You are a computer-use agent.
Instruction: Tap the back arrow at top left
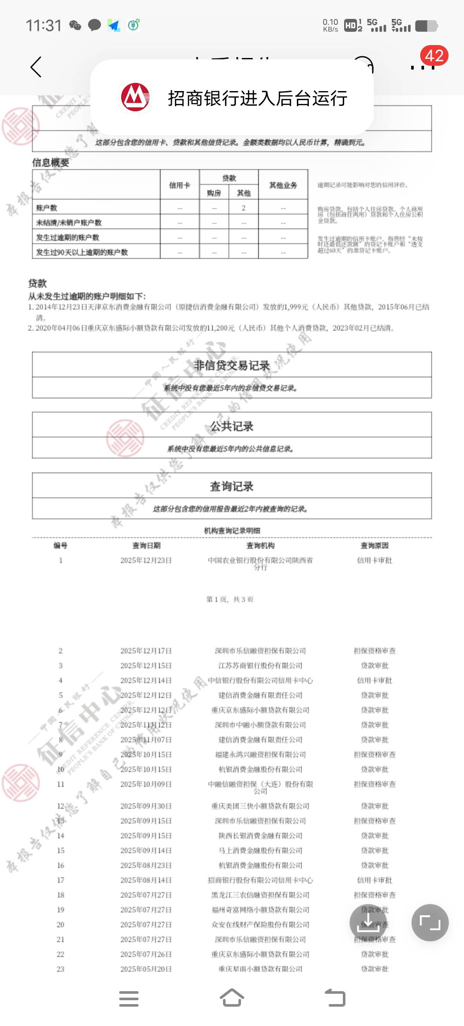click(36, 67)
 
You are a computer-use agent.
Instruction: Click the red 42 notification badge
click(434, 56)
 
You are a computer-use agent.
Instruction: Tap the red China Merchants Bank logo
click(135, 98)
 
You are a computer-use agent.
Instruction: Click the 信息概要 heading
click(51, 163)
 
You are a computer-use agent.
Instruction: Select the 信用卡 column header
click(180, 185)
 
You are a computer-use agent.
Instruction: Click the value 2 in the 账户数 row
click(244, 208)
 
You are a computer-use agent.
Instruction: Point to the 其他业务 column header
click(283, 185)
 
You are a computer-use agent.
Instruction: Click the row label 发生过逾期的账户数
click(67, 238)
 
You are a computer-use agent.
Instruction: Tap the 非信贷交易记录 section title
click(232, 365)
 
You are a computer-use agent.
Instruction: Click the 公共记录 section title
click(232, 426)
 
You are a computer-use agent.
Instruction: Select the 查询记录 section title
click(232, 486)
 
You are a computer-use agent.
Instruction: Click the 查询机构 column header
click(260, 546)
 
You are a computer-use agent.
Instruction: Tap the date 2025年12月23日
click(146, 560)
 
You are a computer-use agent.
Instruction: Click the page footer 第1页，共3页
click(230, 599)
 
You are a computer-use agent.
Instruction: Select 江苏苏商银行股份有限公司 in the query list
click(260, 666)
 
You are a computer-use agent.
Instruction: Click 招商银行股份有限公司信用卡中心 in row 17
click(260, 880)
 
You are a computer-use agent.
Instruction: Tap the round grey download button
click(368, 922)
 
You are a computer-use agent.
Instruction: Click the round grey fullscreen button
click(430, 922)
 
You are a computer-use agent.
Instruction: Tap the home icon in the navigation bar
click(232, 998)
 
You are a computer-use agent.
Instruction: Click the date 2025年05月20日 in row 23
click(146, 969)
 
